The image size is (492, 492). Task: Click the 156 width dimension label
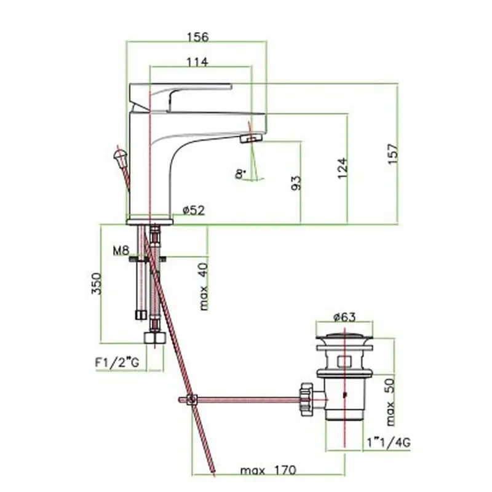(x=197, y=37)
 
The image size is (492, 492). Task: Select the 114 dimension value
(x=197, y=62)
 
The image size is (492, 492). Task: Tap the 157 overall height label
(x=393, y=154)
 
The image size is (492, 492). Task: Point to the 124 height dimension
(x=343, y=168)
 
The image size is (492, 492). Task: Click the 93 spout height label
(x=296, y=183)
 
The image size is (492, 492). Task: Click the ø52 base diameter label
(x=194, y=210)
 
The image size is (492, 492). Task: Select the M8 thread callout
(x=121, y=250)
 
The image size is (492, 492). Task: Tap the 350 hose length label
(x=97, y=284)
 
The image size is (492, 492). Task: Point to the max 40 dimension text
(x=204, y=287)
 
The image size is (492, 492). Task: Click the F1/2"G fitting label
(x=117, y=363)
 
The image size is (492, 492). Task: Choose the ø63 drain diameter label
(x=344, y=317)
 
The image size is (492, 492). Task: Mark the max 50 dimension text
(x=390, y=402)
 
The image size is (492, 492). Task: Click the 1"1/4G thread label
(x=389, y=443)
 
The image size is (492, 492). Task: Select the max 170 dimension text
(x=268, y=470)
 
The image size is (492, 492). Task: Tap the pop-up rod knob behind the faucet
(x=119, y=155)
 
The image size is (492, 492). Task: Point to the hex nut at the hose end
(x=155, y=338)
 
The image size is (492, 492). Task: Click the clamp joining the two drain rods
(x=192, y=399)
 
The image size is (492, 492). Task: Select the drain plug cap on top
(x=344, y=338)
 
